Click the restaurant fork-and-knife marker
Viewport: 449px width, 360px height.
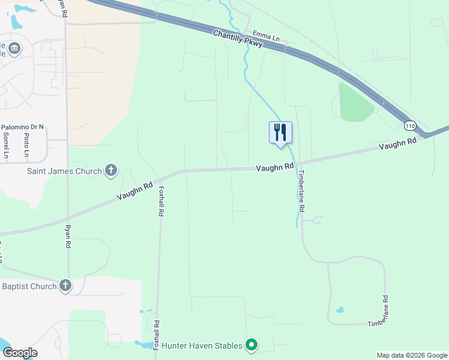pyautogui.click(x=280, y=132)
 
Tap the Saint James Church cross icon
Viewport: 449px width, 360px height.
pyautogui.click(x=110, y=171)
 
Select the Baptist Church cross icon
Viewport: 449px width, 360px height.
pyautogui.click(x=65, y=286)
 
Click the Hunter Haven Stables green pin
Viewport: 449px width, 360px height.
pyautogui.click(x=252, y=345)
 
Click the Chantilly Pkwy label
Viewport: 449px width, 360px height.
pyautogui.click(x=238, y=41)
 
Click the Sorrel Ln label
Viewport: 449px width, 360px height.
pyautogui.click(x=6, y=145)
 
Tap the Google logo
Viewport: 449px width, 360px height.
pyautogui.click(x=19, y=353)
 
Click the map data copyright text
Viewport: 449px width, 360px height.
pyautogui.click(x=412, y=355)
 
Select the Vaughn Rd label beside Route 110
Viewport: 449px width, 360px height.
pyautogui.click(x=397, y=144)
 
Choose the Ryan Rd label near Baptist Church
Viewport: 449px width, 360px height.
pyautogui.click(x=68, y=237)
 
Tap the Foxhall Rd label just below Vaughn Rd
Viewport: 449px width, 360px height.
pyautogui.click(x=161, y=201)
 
